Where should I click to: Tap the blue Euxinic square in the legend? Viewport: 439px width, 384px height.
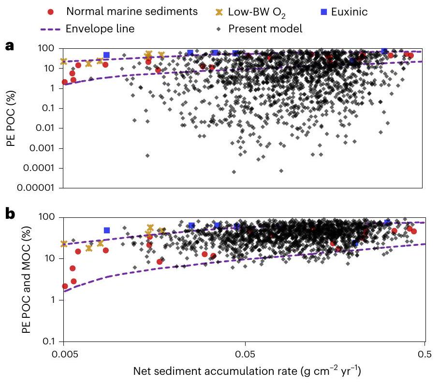[324, 12]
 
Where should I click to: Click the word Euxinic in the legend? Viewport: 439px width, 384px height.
[350, 12]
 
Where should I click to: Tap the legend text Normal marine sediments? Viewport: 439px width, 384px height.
[132, 12]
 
